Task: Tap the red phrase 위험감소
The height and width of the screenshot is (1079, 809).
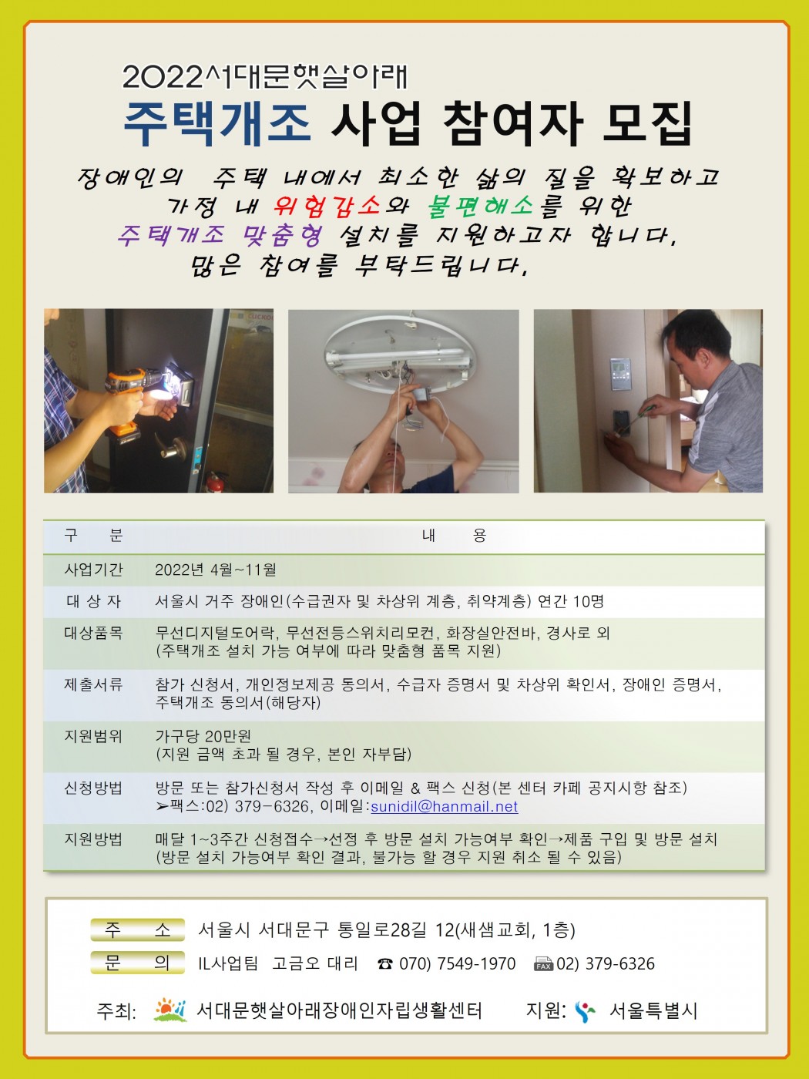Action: tap(327, 206)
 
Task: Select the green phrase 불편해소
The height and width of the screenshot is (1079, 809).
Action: tap(480, 206)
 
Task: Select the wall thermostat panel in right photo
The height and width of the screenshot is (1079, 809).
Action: tap(620, 375)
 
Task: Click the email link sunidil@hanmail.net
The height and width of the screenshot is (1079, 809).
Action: tap(444, 807)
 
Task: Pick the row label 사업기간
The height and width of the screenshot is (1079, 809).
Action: tap(93, 570)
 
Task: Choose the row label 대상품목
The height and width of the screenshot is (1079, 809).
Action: tap(93, 633)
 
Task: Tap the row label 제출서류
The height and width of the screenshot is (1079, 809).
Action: tap(93, 684)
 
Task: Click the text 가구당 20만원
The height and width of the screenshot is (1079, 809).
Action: tap(203, 736)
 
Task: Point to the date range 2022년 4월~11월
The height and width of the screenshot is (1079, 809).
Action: tap(216, 570)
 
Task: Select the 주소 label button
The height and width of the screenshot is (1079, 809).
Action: tap(138, 929)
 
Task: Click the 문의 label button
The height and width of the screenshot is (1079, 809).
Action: tap(138, 963)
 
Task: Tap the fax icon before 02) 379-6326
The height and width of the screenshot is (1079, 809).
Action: tap(543, 964)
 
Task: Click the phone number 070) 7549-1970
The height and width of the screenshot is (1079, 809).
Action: tap(458, 963)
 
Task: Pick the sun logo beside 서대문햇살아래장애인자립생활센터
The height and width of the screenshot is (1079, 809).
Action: tap(170, 1010)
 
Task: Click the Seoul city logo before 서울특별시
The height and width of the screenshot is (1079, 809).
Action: tap(585, 1012)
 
